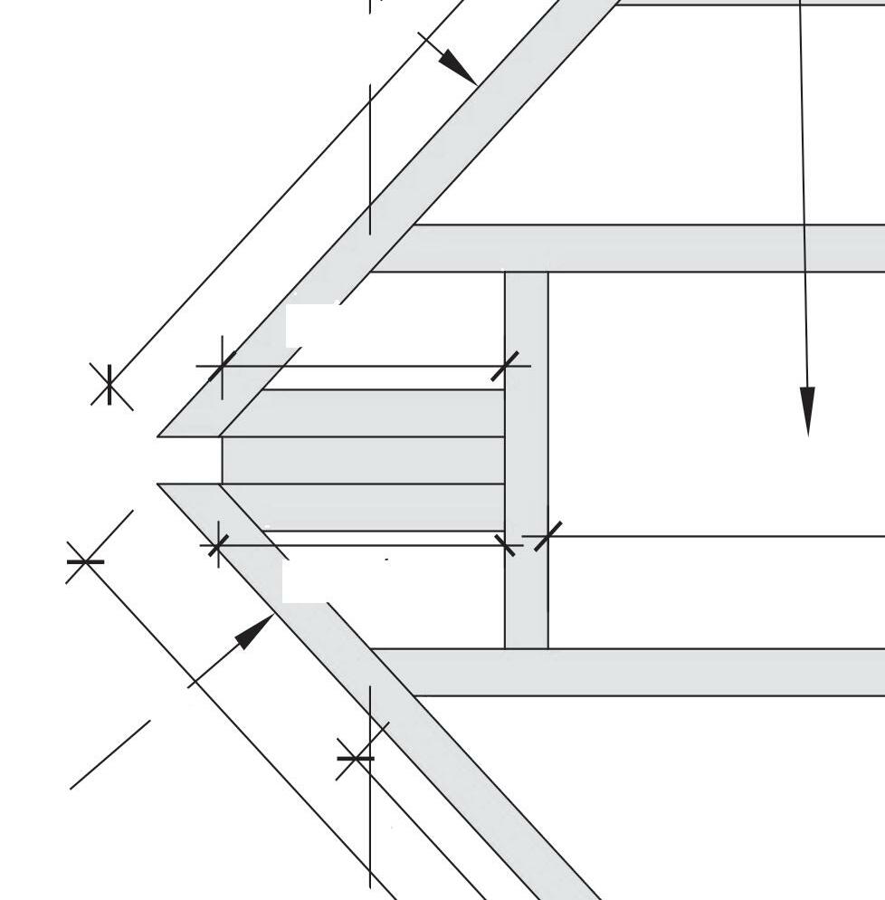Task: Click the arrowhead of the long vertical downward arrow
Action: (x=807, y=412)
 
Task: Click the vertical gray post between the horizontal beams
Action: (x=527, y=453)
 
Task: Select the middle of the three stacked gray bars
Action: (x=362, y=460)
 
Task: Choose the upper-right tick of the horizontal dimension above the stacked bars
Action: (x=510, y=366)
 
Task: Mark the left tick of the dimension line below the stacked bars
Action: (x=217, y=546)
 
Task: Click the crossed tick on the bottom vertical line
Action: (x=356, y=758)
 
